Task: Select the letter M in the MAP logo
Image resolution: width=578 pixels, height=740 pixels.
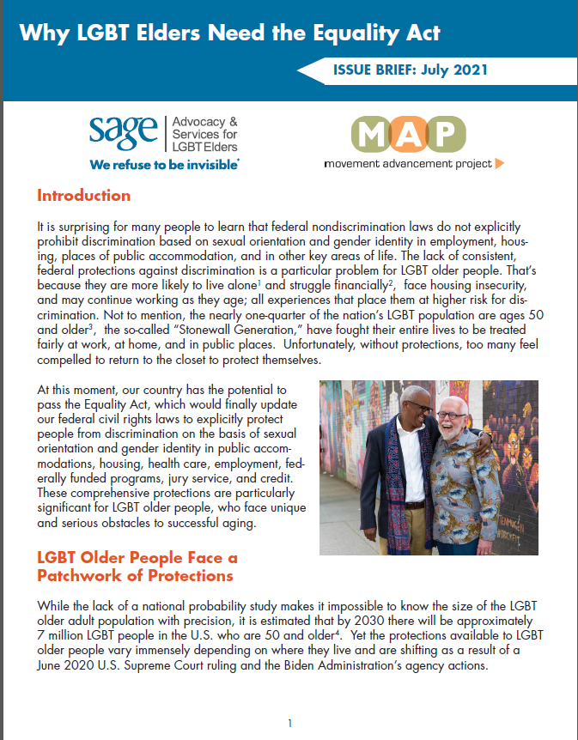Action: [374, 133]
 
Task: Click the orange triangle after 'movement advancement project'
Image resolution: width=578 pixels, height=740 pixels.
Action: [500, 162]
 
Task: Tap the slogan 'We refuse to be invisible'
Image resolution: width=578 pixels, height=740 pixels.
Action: [162, 162]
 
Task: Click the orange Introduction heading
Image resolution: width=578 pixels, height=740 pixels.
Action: [83, 196]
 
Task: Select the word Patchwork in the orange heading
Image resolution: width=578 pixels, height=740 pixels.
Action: [84, 575]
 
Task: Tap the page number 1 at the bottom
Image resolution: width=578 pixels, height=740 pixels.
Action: [290, 723]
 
